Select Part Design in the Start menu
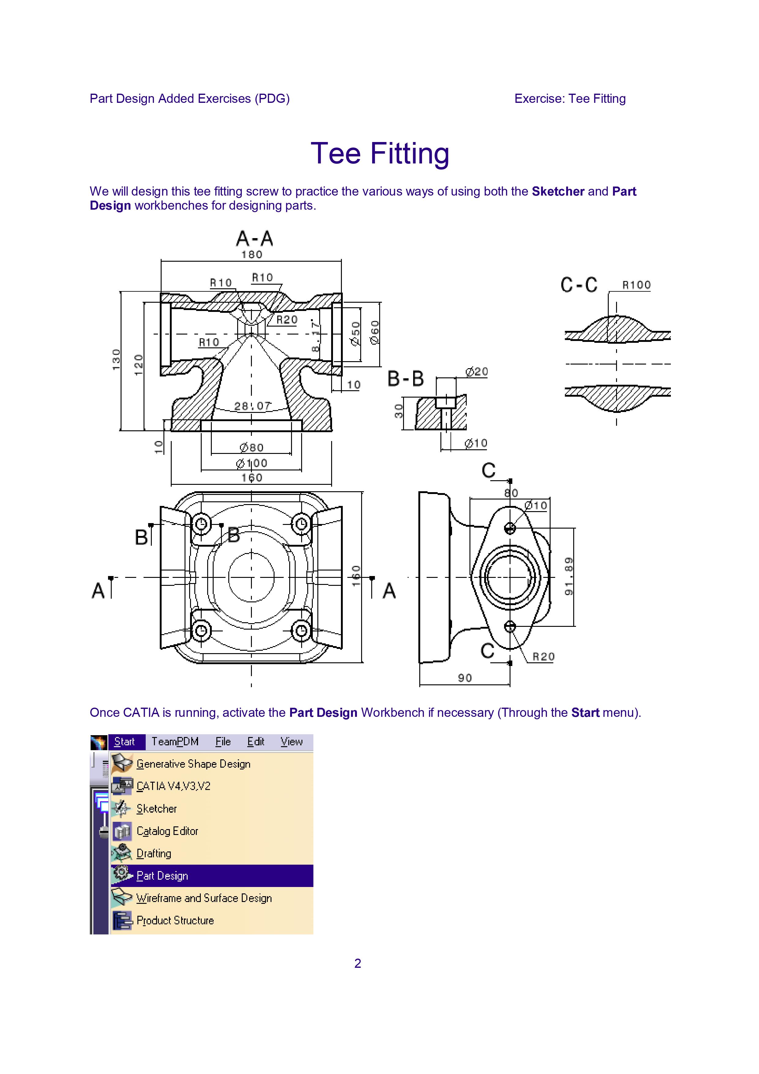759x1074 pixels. (162, 876)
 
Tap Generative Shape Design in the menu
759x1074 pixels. (193, 764)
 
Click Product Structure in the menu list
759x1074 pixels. (175, 920)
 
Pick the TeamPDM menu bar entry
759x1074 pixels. (175, 741)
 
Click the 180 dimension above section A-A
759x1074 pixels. (252, 254)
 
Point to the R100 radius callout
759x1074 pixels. (636, 285)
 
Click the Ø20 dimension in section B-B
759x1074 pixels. (477, 372)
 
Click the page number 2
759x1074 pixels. (358, 963)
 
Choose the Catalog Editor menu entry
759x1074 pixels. (167, 831)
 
